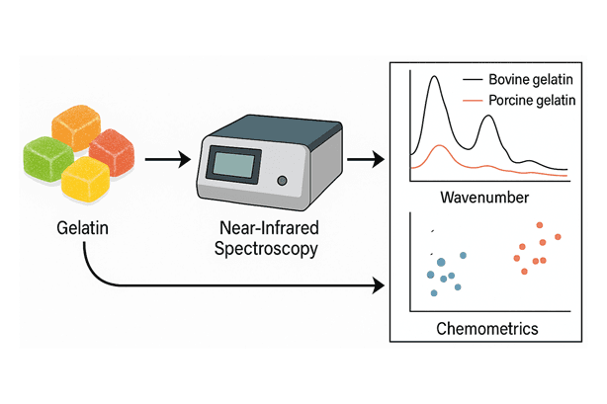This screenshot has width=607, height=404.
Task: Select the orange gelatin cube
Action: [77, 129]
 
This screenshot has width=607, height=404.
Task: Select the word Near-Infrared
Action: [266, 230]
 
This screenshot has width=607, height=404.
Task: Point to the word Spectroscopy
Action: [266, 250]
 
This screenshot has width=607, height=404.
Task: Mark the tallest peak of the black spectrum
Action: [433, 79]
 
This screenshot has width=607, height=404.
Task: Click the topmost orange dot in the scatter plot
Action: [540, 225]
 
